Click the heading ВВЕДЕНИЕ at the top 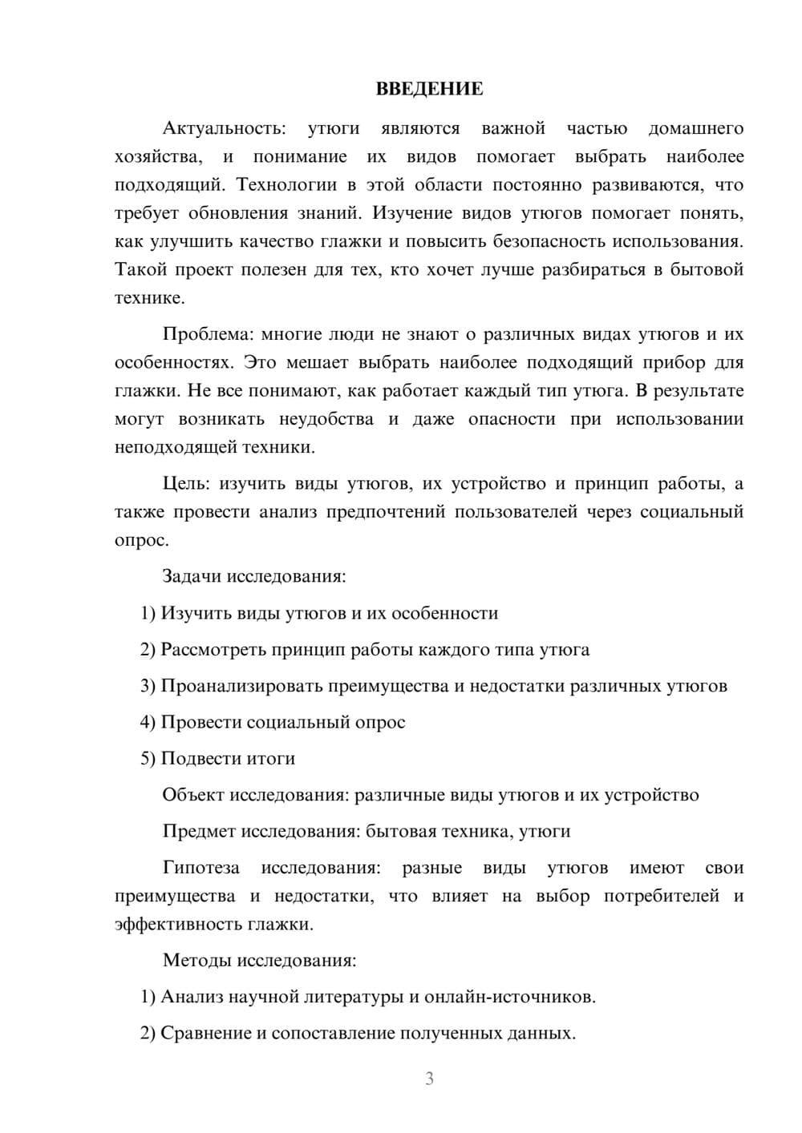(x=429, y=89)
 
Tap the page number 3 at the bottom (x=429, y=1079)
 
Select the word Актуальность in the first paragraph (x=223, y=128)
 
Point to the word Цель (x=186, y=483)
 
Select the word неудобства (x=326, y=419)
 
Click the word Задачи (x=192, y=576)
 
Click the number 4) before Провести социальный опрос (x=148, y=722)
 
